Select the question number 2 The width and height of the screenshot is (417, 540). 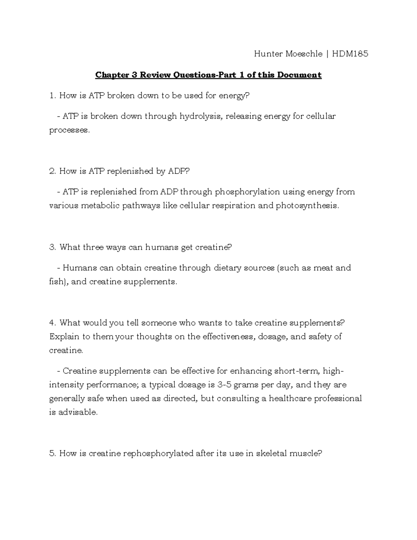coord(52,171)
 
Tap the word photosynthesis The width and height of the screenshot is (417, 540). coord(307,205)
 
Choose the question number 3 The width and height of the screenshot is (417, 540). coord(52,247)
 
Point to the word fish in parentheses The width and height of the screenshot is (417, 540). coord(56,282)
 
